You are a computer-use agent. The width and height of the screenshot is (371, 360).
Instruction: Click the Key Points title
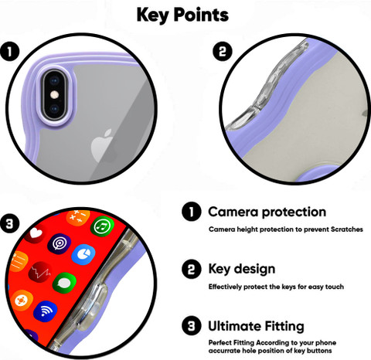182,15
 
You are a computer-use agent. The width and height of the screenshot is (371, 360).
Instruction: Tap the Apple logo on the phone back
102,146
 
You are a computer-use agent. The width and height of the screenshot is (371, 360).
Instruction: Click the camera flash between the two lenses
54,95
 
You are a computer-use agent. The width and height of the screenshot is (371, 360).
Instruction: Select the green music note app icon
102,226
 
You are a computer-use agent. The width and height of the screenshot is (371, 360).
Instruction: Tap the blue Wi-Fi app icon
46,312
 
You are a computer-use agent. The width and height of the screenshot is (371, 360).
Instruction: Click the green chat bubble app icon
64,284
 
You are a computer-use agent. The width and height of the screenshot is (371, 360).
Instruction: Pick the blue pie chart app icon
83,255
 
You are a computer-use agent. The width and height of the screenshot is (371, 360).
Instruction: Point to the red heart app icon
36,233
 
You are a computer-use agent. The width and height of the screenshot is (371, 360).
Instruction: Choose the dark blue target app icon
60,243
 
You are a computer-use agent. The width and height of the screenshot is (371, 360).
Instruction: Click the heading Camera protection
267,212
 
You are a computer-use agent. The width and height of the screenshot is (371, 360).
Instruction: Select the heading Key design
242,270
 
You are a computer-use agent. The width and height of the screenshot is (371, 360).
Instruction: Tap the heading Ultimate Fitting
256,326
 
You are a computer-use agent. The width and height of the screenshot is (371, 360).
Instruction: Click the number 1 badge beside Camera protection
192,212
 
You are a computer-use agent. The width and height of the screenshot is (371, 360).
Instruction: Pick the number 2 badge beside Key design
192,269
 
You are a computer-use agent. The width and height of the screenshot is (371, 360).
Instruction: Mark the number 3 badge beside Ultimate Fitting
192,326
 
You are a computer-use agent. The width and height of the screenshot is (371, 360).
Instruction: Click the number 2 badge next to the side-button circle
223,51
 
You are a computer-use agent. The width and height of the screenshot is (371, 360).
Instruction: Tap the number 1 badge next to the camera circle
10,51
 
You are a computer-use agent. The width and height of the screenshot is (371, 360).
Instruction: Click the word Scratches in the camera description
347,229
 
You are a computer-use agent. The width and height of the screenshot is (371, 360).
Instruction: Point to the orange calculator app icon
78,218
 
